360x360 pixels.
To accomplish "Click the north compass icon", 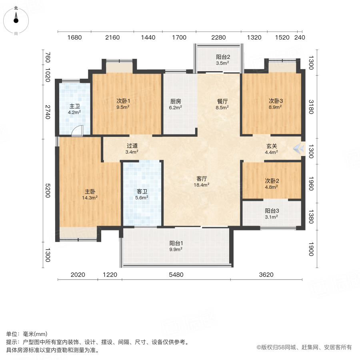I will point(16,18).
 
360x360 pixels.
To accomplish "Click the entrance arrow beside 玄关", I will point(298,149).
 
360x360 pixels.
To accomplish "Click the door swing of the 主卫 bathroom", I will point(78,131).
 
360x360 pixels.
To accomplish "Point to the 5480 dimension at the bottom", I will point(176,275).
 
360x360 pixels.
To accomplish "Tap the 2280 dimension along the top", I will point(218,38).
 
